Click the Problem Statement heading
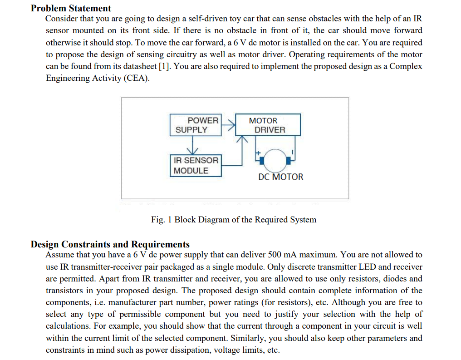[x=71, y=8]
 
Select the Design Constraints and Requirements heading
[x=110, y=244]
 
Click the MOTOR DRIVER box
[x=268, y=125]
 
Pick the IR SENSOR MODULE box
[x=196, y=165]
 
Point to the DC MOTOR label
[x=280, y=177]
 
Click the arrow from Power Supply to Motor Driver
[x=229, y=124]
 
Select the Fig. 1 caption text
[x=234, y=220]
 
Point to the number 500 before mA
[x=276, y=255]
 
